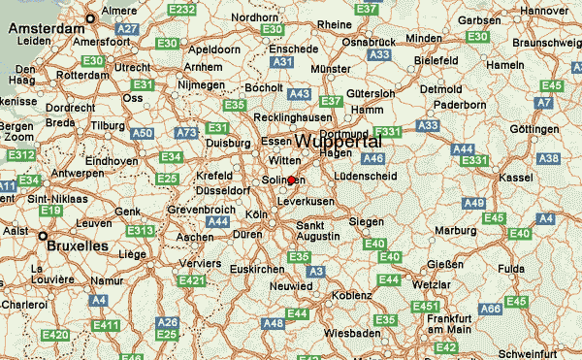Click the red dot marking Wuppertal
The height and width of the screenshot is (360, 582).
[291, 180]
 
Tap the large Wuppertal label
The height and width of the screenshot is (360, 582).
[338, 142]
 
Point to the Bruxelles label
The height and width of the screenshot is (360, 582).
[79, 246]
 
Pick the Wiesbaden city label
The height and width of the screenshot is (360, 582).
[352, 332]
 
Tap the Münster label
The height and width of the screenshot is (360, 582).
[330, 70]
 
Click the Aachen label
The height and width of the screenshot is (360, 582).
[195, 237]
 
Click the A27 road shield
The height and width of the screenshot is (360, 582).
[127, 30]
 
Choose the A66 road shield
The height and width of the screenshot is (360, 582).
[492, 310]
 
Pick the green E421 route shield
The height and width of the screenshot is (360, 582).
[191, 280]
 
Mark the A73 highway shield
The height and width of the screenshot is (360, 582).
[184, 131]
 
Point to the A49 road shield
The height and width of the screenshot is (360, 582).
[473, 203]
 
